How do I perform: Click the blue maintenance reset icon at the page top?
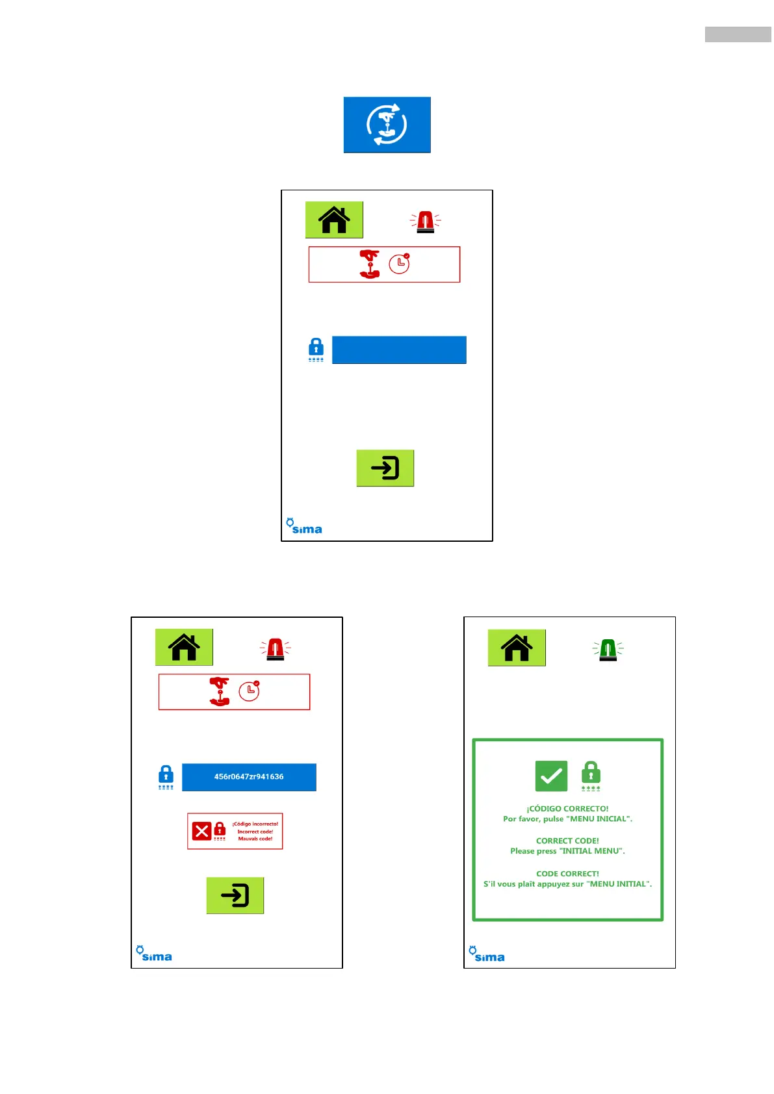[387, 125]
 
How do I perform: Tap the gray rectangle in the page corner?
[738, 34]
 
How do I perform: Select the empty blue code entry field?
[399, 350]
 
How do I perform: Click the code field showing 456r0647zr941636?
[249, 777]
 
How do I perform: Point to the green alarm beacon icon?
[608, 649]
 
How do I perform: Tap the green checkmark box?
[551, 776]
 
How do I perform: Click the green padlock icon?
[591, 773]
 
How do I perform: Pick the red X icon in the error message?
[201, 831]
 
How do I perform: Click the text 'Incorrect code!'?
[255, 832]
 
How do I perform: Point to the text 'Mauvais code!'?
[255, 839]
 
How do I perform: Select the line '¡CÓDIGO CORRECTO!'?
[567, 809]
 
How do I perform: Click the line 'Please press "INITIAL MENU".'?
[567, 851]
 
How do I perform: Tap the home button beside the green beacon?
[517, 648]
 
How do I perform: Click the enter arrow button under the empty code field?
[385, 468]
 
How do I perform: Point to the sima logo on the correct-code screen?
[487, 954]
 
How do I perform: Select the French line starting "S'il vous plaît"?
[567, 884]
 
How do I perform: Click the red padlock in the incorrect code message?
[220, 830]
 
